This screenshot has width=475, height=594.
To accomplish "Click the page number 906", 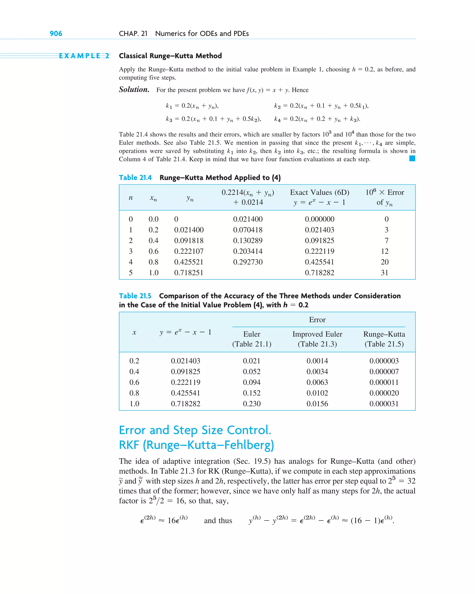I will tap(56, 34).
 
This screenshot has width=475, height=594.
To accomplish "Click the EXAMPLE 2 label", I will tap(84, 56).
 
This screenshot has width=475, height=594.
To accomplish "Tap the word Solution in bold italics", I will tap(134, 90).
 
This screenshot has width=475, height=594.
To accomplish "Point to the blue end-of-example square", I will tap(412, 158).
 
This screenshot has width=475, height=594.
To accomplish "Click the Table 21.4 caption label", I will tap(135, 178).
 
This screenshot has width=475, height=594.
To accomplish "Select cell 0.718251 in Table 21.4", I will tap(189, 273).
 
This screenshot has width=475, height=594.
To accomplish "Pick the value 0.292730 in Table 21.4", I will tap(248, 262).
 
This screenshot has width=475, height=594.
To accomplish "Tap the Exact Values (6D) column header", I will tap(319, 192).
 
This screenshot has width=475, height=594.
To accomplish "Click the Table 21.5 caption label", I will tap(135, 296).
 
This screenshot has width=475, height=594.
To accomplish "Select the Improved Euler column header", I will tap(317, 334).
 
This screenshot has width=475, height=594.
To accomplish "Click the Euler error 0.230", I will tap(252, 404).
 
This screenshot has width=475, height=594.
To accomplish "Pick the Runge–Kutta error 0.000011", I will tap(384, 382).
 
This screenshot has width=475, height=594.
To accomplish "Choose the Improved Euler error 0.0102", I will tap(317, 393).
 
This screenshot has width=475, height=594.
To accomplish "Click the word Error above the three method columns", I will tap(317, 320).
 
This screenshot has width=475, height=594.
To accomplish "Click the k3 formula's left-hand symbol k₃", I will tap(169, 119).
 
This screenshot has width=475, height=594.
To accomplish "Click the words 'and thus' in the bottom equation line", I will tap(218, 520).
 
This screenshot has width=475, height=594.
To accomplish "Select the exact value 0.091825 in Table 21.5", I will tap(185, 372).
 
